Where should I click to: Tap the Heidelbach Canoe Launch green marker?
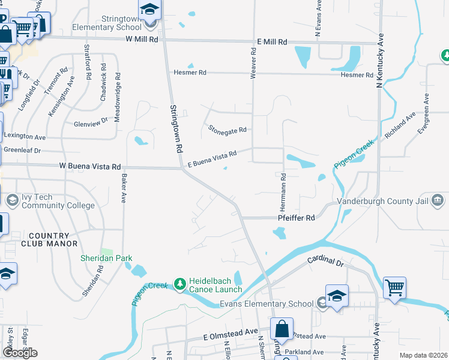coord(179,283)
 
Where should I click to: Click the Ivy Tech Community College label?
coord(58,201)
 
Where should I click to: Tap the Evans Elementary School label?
coord(266,304)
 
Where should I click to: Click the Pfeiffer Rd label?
coord(297,218)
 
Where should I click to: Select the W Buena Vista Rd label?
coord(89,166)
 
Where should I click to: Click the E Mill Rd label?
coord(273,42)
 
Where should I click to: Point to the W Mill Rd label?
coord(142,39)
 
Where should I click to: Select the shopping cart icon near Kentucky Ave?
coord(395,287)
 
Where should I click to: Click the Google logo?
coord(20,353)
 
